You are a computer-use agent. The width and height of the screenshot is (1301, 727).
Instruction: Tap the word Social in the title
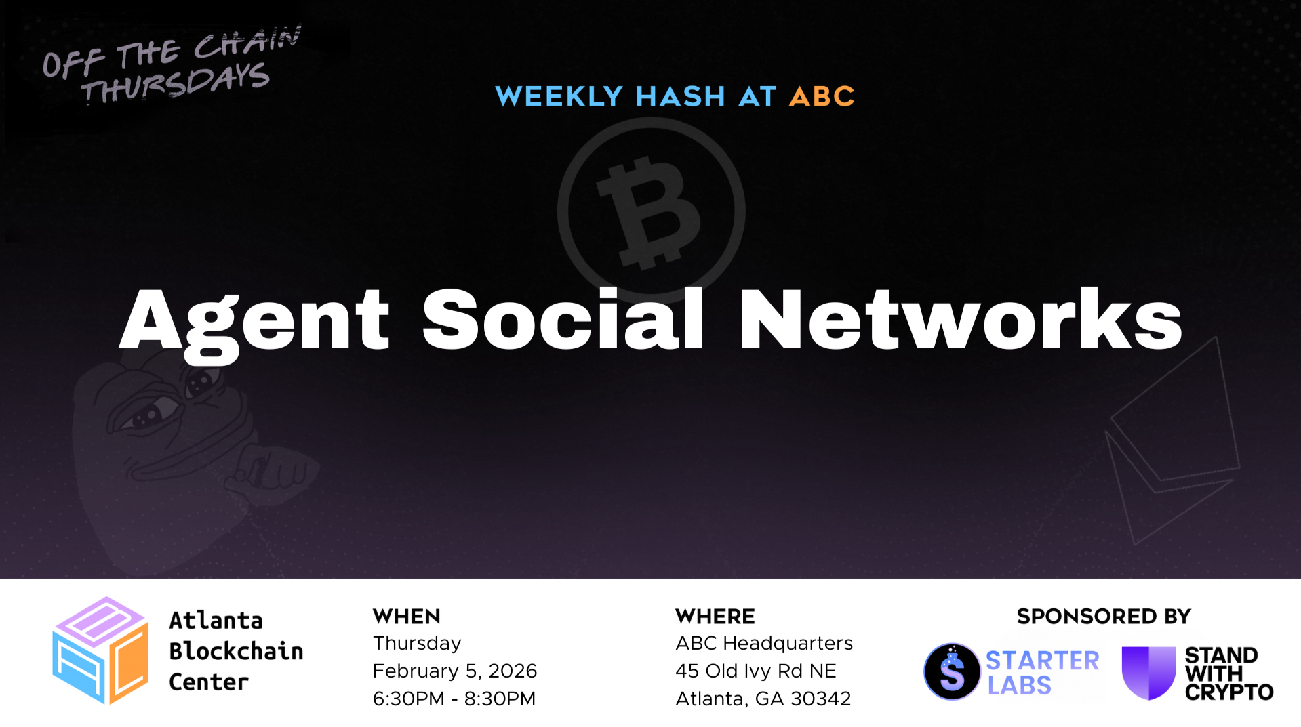click(563, 318)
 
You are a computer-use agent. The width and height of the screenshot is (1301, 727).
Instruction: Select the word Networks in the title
click(961, 318)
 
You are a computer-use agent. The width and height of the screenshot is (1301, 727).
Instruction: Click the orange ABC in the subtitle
click(822, 96)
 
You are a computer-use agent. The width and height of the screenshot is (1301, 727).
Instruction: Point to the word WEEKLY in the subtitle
click(559, 96)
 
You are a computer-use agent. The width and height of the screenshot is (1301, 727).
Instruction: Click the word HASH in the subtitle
click(681, 96)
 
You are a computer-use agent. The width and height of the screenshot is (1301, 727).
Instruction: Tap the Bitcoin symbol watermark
click(651, 211)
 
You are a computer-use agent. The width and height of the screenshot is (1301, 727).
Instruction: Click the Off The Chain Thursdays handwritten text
click(171, 66)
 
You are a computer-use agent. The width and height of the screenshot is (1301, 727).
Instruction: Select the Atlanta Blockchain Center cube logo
click(100, 650)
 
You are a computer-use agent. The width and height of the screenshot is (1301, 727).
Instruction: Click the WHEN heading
click(407, 617)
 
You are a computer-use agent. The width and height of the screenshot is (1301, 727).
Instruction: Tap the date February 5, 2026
click(455, 671)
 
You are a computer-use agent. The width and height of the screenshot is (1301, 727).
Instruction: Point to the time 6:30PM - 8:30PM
click(454, 699)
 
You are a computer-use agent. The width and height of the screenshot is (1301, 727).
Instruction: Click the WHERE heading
click(715, 617)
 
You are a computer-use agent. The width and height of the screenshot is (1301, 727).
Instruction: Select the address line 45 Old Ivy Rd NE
click(756, 671)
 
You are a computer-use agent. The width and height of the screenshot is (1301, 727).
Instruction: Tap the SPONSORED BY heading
click(1104, 617)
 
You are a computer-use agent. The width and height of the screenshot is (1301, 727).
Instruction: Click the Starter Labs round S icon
click(952, 671)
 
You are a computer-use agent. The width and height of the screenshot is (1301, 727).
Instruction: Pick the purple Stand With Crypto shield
click(1148, 673)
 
